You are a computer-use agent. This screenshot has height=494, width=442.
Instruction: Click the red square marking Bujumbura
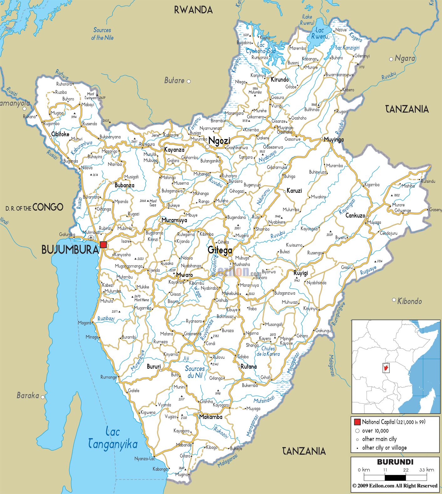[103, 245]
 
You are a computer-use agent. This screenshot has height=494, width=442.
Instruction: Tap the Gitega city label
[220, 250]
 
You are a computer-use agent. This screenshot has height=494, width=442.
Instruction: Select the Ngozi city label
[219, 141]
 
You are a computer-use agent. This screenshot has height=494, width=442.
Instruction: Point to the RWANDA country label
[193, 10]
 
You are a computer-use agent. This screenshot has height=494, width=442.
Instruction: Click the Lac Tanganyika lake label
[113, 438]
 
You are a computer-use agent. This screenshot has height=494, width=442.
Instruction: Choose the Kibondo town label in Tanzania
[409, 301]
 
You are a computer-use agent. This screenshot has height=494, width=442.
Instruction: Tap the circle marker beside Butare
[189, 81]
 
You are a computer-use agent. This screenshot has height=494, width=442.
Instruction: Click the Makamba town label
[211, 417]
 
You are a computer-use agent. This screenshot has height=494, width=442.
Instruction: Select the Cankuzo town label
[355, 215]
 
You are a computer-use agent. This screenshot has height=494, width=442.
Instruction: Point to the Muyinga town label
[334, 140]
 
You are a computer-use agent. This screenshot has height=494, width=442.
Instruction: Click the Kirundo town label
[280, 80]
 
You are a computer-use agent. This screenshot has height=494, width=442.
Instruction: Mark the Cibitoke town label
[60, 134]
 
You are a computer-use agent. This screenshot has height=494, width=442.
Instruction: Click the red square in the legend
[357, 422]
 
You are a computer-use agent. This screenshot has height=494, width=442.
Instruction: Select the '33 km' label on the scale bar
[426, 470]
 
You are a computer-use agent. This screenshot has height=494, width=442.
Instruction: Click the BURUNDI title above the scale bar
[395, 462]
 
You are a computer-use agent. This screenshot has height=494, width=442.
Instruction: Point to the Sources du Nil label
[195, 372]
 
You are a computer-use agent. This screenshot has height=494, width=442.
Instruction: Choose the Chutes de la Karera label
[268, 351]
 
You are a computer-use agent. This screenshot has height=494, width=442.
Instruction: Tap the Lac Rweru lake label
[319, 33]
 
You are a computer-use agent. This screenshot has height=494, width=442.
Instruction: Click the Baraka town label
[28, 395]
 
